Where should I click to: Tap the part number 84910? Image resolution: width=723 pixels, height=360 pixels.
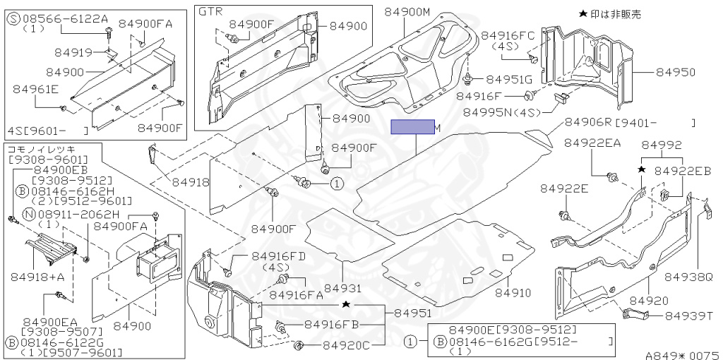point(513,292)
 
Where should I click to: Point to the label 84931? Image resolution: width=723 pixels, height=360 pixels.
point(342,289)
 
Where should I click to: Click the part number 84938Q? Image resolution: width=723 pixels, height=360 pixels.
point(692,278)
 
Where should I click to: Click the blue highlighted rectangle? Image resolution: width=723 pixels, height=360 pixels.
point(413,127)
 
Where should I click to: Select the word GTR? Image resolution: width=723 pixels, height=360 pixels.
point(210,12)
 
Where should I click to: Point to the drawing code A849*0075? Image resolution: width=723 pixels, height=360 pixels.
point(681,355)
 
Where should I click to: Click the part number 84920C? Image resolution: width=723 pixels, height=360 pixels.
point(347,346)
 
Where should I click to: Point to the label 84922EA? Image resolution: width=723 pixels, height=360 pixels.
point(592,143)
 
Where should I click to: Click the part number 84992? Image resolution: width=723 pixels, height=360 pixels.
point(662,145)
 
